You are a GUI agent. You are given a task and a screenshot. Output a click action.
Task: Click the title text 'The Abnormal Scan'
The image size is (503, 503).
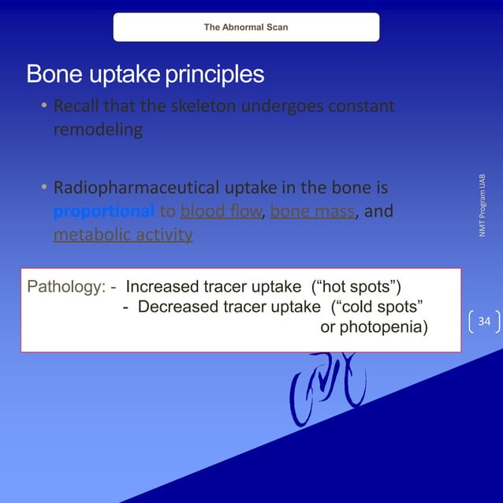(x=246, y=27)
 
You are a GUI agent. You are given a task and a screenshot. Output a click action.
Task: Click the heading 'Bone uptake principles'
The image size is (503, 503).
(x=144, y=74)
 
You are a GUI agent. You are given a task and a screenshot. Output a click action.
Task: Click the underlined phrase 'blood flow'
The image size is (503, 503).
(x=220, y=212)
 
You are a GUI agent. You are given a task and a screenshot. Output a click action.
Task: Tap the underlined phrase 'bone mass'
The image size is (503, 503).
(x=311, y=212)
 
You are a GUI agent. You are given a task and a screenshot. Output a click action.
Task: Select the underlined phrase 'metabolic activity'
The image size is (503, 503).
(x=122, y=235)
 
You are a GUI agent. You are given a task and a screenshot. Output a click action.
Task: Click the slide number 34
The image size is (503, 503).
(x=484, y=321)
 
